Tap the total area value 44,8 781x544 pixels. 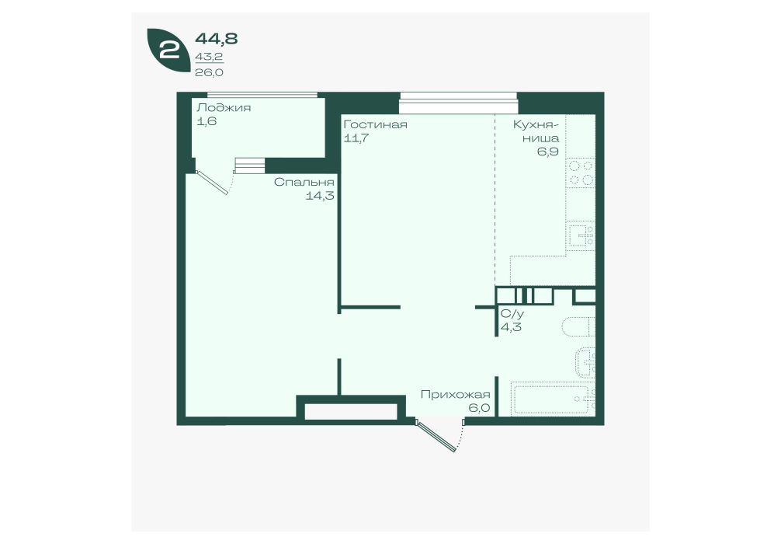(216, 38)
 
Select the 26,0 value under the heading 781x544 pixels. (209, 72)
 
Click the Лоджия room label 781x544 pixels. (224, 108)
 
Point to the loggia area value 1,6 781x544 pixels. (207, 121)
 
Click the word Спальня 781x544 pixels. (304, 182)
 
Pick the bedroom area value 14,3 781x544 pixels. (320, 196)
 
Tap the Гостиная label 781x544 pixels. (376, 124)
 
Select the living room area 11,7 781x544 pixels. (356, 138)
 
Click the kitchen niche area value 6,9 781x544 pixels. (548, 152)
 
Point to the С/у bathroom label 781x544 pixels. (512, 314)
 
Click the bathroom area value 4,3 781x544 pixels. (511, 328)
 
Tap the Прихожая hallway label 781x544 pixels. (455, 395)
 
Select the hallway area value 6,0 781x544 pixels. (479, 408)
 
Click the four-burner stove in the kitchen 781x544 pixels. (581, 173)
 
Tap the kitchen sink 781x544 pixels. (581, 235)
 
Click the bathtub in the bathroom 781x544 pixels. (553, 399)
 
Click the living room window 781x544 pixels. (458, 103)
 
